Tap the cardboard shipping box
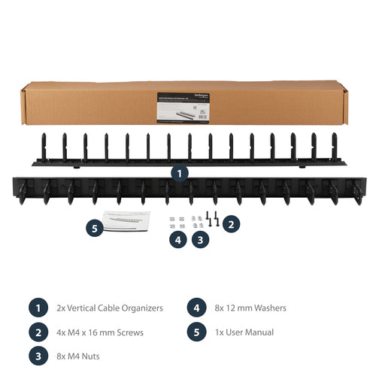coord(90,104)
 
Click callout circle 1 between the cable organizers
coord(179,172)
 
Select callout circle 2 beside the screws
coord(232,223)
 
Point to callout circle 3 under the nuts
coord(200,240)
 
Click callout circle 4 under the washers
coord(177,240)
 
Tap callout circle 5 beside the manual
coord(94,228)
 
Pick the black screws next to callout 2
coord(213,219)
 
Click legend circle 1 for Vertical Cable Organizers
coord(37,308)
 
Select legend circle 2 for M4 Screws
coord(37,332)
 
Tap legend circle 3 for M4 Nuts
coord(37,356)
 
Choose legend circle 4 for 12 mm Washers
coord(195,308)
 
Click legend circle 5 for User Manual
coord(195,332)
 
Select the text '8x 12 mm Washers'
coord(250,308)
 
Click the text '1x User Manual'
coord(244,332)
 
